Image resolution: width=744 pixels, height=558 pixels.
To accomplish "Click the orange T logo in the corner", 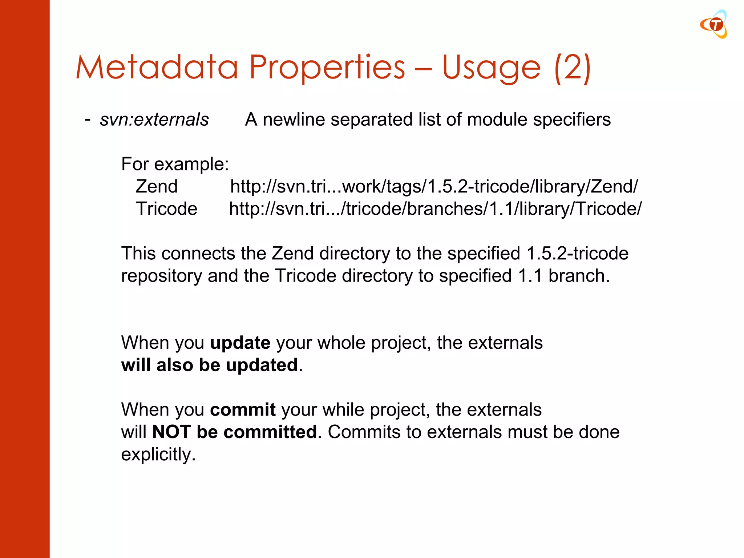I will click(x=714, y=24).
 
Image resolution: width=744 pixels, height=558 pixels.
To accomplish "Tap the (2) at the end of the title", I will click(x=573, y=68).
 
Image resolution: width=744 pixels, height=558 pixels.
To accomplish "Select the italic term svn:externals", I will click(x=154, y=120).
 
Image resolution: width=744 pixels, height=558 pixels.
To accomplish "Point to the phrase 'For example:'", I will click(x=175, y=164).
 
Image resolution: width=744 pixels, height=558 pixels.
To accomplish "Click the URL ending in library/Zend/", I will click(x=434, y=187).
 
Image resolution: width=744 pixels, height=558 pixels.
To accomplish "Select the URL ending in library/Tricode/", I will click(x=435, y=209).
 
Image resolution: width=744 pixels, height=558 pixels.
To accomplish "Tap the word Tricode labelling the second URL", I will click(x=167, y=209).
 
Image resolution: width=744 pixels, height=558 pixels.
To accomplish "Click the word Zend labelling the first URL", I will click(x=157, y=187).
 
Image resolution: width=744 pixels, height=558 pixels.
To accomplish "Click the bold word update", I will click(x=240, y=343).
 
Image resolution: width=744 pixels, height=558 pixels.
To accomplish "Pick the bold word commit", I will click(x=243, y=410).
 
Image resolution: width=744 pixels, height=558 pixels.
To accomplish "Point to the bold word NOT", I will click(x=171, y=432).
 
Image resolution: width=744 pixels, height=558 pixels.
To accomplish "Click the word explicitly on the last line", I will click(x=158, y=454).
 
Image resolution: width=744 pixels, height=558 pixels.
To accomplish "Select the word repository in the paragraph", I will click(x=161, y=276).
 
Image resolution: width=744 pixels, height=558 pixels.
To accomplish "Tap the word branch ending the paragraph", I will click(x=579, y=276).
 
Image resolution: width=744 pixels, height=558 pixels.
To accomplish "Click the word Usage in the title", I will click(x=491, y=68).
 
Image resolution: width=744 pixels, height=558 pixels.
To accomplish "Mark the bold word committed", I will click(x=271, y=432).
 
